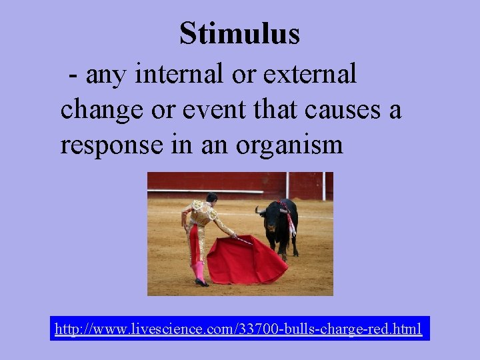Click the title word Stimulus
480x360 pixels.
[x=239, y=33]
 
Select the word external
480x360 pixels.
[x=310, y=74]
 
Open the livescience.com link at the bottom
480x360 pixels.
[x=238, y=329]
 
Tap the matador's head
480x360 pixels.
[x=212, y=198]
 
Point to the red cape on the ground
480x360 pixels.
[x=247, y=262]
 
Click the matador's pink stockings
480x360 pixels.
[x=199, y=271]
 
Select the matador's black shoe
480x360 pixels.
[x=201, y=283]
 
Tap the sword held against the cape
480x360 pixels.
[x=243, y=240]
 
